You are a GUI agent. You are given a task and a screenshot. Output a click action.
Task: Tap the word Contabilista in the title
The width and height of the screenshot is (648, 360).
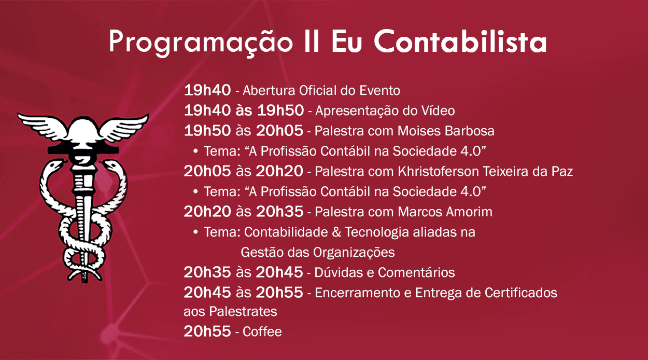click(x=460, y=41)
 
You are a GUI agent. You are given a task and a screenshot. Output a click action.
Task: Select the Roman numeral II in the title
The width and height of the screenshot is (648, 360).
click(x=312, y=41)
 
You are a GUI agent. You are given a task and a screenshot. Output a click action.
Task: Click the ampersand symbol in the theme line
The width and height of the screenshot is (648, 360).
click(x=336, y=232)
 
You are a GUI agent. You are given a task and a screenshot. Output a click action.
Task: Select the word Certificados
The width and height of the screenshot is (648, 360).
click(x=520, y=293)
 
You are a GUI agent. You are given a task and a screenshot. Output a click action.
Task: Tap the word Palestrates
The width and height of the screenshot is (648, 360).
click(x=243, y=311)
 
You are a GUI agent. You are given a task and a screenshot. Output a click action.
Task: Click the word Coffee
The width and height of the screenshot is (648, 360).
click(x=262, y=331)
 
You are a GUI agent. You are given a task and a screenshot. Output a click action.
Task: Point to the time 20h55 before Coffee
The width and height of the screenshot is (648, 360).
click(x=207, y=331)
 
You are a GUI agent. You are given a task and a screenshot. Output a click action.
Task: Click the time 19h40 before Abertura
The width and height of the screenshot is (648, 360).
click(x=207, y=90)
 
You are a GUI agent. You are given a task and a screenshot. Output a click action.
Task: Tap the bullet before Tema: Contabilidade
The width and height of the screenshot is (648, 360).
click(x=195, y=232)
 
